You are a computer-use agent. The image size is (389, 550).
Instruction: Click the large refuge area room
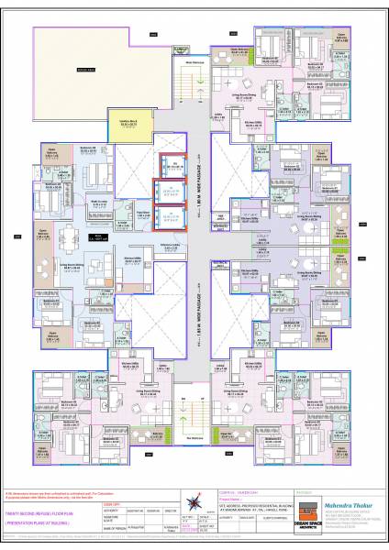pos(87,69)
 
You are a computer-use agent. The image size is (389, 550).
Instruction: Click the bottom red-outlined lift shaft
pos(167,217)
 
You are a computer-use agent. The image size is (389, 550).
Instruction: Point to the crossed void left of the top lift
pos(140,173)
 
